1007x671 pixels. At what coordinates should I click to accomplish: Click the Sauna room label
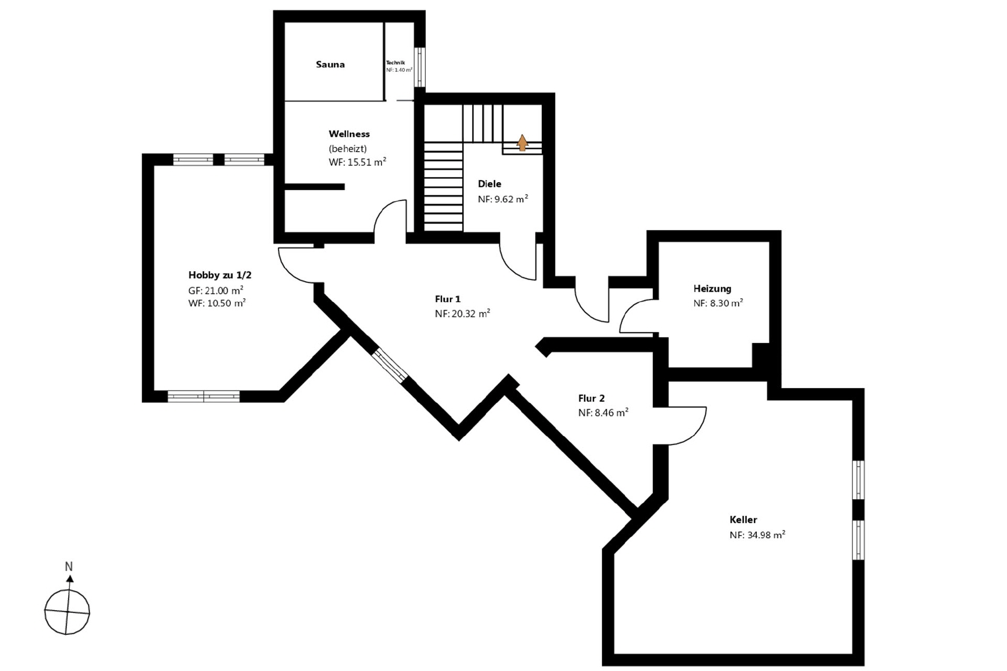coord(330,65)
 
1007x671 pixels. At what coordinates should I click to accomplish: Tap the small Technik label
coord(395,62)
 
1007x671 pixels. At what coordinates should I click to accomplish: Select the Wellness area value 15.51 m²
coord(358,162)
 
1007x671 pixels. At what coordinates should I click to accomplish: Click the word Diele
coord(489,184)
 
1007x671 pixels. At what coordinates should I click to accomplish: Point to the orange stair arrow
coord(522,143)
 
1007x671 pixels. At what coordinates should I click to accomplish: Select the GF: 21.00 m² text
coord(216,290)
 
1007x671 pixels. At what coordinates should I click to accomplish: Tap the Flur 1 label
coord(447,299)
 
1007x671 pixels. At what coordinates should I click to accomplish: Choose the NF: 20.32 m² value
coord(463,314)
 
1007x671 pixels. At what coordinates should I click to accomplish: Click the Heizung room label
coord(712,289)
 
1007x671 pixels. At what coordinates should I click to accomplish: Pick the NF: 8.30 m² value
coord(718,303)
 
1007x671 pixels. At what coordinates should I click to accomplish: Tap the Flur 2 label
coord(592,398)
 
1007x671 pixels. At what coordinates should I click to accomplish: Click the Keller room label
coord(743,520)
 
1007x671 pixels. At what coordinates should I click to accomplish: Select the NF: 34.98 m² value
coord(757,535)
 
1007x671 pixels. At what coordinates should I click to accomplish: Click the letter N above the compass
coord(69,567)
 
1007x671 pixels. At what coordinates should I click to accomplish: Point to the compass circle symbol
coord(67,612)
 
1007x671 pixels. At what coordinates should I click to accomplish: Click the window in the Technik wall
coord(420,67)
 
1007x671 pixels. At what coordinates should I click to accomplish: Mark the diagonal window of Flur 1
coord(390,366)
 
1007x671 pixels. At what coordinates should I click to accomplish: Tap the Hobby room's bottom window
coord(203,396)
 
